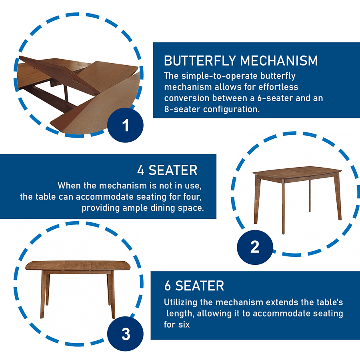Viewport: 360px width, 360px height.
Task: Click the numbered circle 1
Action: click(x=125, y=125)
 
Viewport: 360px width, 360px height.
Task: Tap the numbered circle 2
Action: click(x=255, y=247)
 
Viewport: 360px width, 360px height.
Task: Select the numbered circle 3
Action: click(x=125, y=334)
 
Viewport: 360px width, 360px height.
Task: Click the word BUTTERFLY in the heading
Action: click(x=200, y=61)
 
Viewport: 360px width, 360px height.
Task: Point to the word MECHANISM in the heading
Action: click(x=279, y=61)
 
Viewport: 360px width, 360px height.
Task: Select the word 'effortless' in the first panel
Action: click(x=278, y=87)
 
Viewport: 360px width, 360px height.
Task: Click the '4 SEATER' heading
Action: click(x=167, y=170)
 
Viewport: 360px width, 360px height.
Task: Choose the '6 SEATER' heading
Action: click(x=194, y=286)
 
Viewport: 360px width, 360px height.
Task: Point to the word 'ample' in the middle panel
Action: click(x=136, y=208)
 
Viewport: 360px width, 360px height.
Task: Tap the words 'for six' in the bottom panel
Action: click(x=177, y=325)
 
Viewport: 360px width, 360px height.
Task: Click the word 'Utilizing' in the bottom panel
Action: click(x=180, y=302)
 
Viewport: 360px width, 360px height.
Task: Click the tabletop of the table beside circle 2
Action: click(x=297, y=173)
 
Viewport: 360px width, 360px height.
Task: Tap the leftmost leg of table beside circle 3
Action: click(x=43, y=295)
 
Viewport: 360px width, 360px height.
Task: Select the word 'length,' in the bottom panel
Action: click(x=180, y=314)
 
